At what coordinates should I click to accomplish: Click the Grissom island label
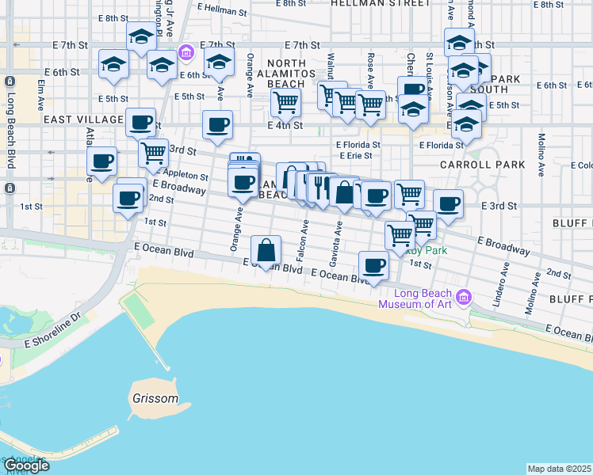coord(156,398)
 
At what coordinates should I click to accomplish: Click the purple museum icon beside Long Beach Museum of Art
coord(465,299)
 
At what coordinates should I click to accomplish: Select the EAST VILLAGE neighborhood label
coord(84,119)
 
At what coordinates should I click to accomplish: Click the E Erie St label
coord(355,156)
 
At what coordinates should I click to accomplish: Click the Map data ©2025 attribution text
coord(560,469)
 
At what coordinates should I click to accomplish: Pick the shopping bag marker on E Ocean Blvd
coord(267,249)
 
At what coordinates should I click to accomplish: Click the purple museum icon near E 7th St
coord(186,53)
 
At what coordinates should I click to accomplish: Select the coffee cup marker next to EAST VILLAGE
coord(140,123)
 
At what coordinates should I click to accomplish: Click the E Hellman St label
coord(222,10)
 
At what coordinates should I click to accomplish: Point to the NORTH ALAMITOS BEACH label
coord(286,74)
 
